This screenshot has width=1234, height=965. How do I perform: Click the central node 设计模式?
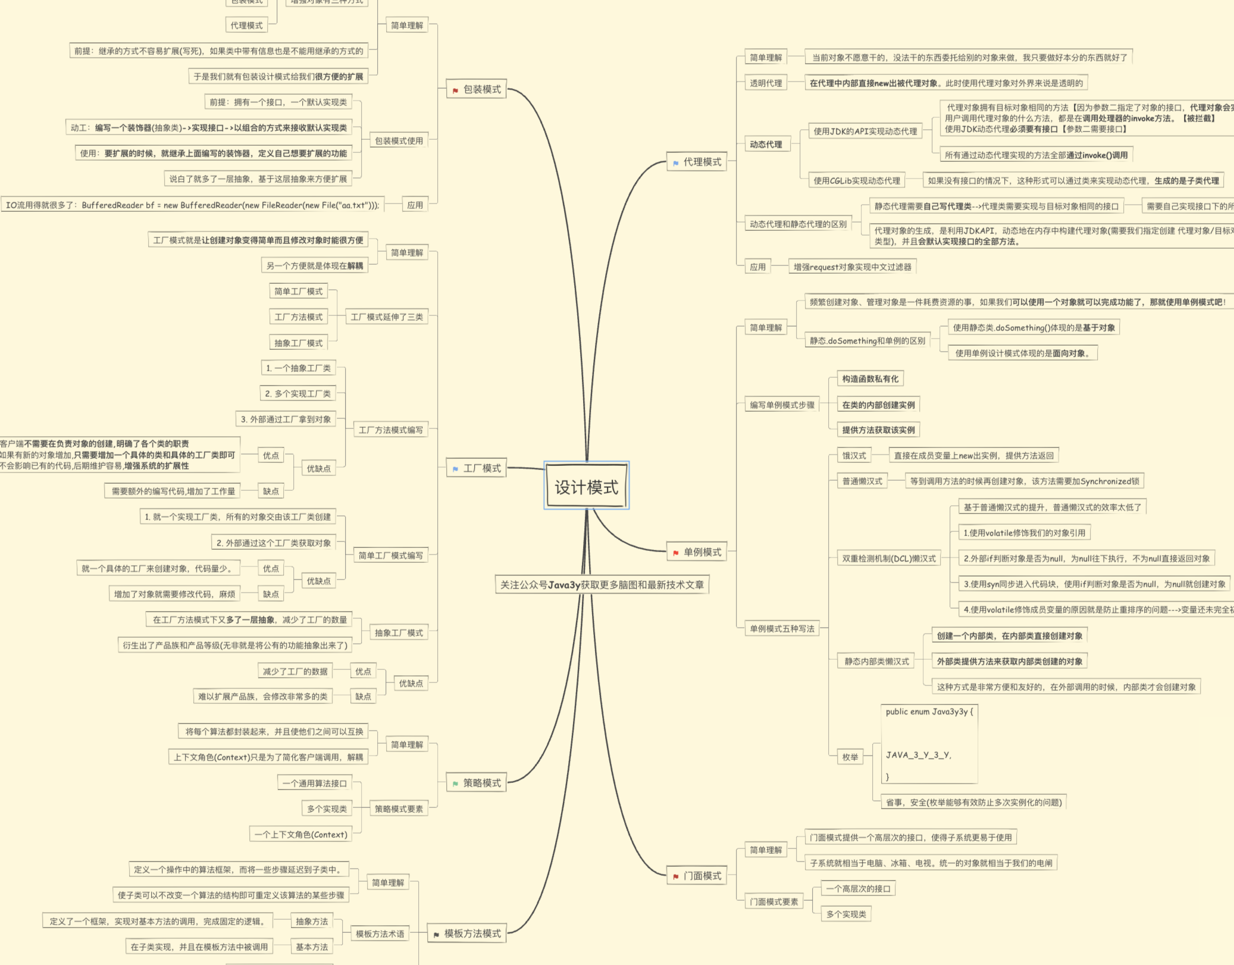586,487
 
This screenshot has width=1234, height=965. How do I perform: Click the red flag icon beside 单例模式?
676,553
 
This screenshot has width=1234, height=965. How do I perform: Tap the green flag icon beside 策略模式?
455,784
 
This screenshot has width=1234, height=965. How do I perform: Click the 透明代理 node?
766,83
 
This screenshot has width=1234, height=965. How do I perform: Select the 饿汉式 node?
854,456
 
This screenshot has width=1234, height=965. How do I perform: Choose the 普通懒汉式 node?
862,481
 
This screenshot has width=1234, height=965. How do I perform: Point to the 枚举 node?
850,757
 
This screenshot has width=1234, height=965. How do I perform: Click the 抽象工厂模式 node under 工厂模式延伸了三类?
298,343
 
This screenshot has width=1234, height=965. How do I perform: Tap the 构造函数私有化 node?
870,379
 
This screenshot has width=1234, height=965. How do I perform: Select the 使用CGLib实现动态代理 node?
857,181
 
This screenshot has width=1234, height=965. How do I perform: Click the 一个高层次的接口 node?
858,889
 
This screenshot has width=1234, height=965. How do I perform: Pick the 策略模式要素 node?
399,809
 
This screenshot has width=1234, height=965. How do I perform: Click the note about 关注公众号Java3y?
602,585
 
